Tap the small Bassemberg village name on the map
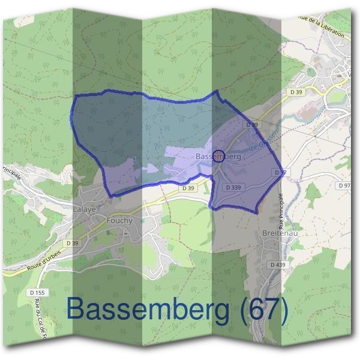tap(217, 156)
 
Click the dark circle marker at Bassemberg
tap(219, 155)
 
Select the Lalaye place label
tap(84, 209)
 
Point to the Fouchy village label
tap(119, 220)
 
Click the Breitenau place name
tap(280, 233)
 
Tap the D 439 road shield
tap(277, 264)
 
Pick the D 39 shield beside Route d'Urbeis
tap(72, 242)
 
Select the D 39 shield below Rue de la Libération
tap(295, 92)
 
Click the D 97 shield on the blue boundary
tap(280, 172)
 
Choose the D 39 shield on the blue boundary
tap(252, 124)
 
